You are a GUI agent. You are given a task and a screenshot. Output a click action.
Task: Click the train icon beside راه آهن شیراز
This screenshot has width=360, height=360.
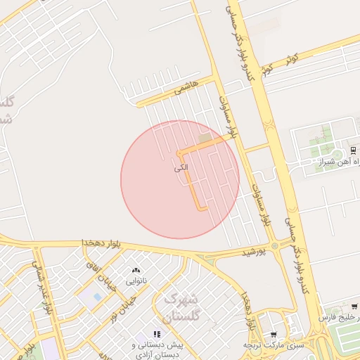click(353, 150)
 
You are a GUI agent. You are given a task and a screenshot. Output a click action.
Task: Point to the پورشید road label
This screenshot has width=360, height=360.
click(254, 252)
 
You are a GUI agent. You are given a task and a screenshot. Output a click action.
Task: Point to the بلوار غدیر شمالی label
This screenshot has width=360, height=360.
click(40, 288)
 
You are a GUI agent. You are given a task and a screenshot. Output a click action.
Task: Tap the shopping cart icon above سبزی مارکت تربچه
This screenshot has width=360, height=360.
click(273, 334)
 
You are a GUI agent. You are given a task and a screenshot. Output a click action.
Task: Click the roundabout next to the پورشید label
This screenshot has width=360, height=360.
click(274, 245)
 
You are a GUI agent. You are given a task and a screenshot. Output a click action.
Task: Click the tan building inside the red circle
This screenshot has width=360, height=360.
click(205, 139)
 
